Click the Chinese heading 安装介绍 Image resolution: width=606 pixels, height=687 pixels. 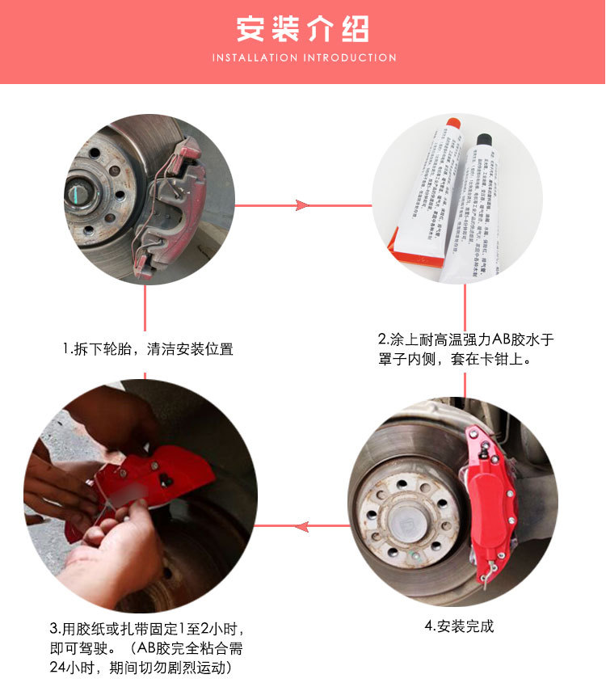pos(303,29)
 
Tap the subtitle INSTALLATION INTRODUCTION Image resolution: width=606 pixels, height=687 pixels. pos(304,58)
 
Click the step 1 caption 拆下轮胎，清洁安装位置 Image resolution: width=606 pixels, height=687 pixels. pos(148,349)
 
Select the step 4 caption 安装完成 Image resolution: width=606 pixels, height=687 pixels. pos(459,626)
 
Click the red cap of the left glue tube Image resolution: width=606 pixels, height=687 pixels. pos(453,124)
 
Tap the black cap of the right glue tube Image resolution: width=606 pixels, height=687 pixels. pos(484,140)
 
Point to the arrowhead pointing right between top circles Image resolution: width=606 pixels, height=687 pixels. pos(303,205)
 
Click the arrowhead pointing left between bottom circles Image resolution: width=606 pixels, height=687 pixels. pos(301,527)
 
